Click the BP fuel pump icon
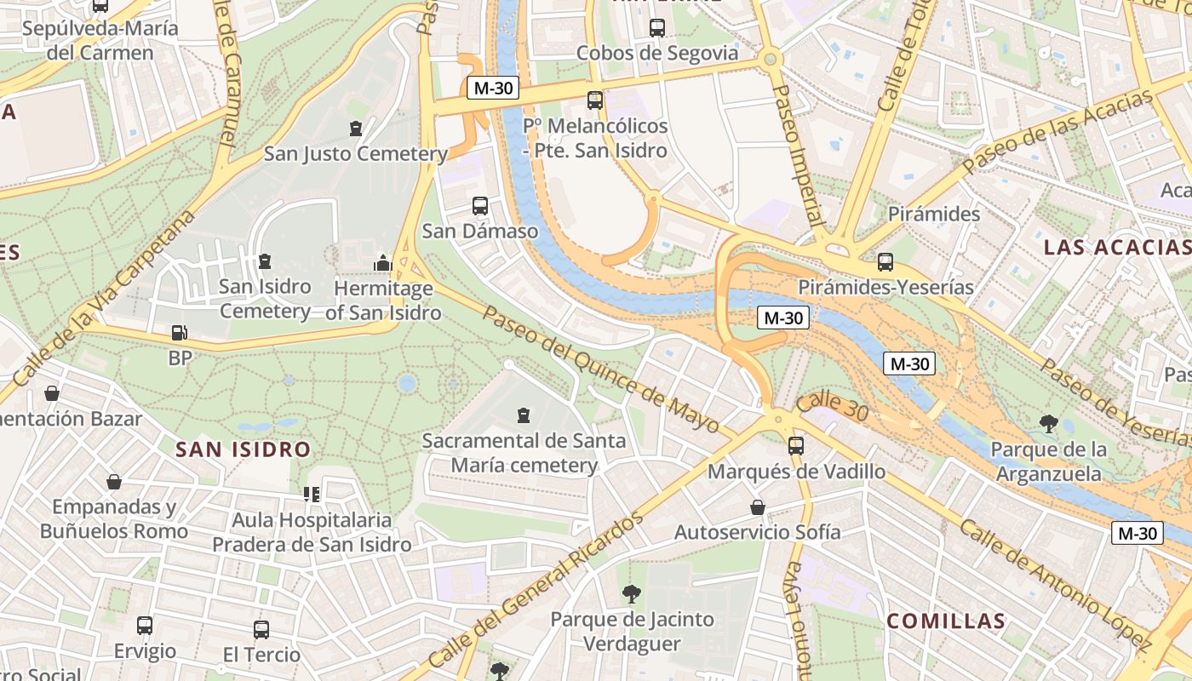(180, 333)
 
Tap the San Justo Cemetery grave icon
(355, 129)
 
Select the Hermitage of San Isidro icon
(382, 262)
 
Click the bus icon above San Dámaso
(479, 205)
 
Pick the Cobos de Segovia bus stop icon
(656, 27)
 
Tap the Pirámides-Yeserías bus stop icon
(885, 262)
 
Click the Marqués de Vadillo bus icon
(796, 445)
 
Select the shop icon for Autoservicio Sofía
(757, 507)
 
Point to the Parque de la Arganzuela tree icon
(1049, 423)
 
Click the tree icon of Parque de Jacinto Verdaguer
(631, 593)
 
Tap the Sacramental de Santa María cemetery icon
(523, 415)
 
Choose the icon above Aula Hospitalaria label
(312, 494)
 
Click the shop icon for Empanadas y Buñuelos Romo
(114, 482)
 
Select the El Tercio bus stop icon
(261, 630)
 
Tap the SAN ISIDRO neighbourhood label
(243, 449)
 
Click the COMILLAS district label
(946, 621)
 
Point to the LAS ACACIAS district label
(1116, 248)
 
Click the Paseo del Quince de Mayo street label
(601, 370)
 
